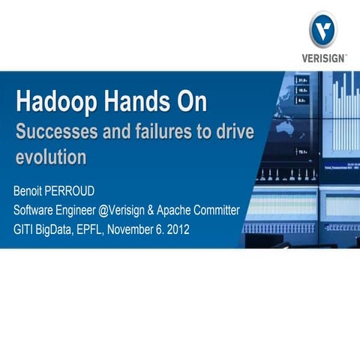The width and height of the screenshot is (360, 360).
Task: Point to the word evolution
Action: [x=51, y=157]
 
